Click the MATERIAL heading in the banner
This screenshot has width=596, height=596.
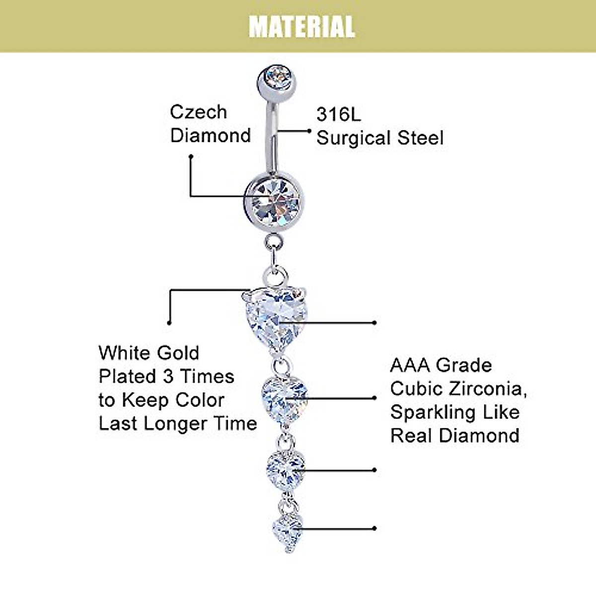[301, 27]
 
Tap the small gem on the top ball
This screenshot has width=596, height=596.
[277, 78]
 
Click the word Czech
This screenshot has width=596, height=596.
[198, 112]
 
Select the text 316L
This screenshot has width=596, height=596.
[339, 114]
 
